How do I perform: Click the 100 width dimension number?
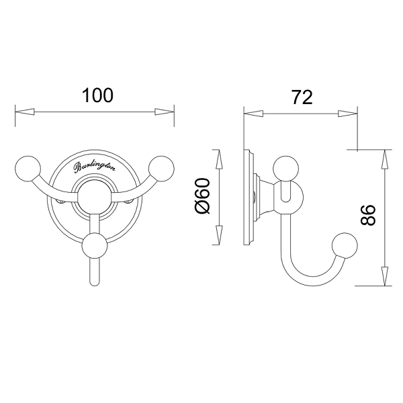pos(97,95)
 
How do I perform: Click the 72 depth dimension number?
pos(302,97)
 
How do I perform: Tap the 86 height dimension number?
pos(368,215)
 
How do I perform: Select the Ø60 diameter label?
pos(203,196)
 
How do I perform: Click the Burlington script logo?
pos(95,167)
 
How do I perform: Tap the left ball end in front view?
pos(28,169)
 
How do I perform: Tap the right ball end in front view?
pos(161,169)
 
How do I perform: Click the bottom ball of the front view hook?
pos(94,246)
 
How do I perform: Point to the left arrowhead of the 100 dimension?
pos(25,112)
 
